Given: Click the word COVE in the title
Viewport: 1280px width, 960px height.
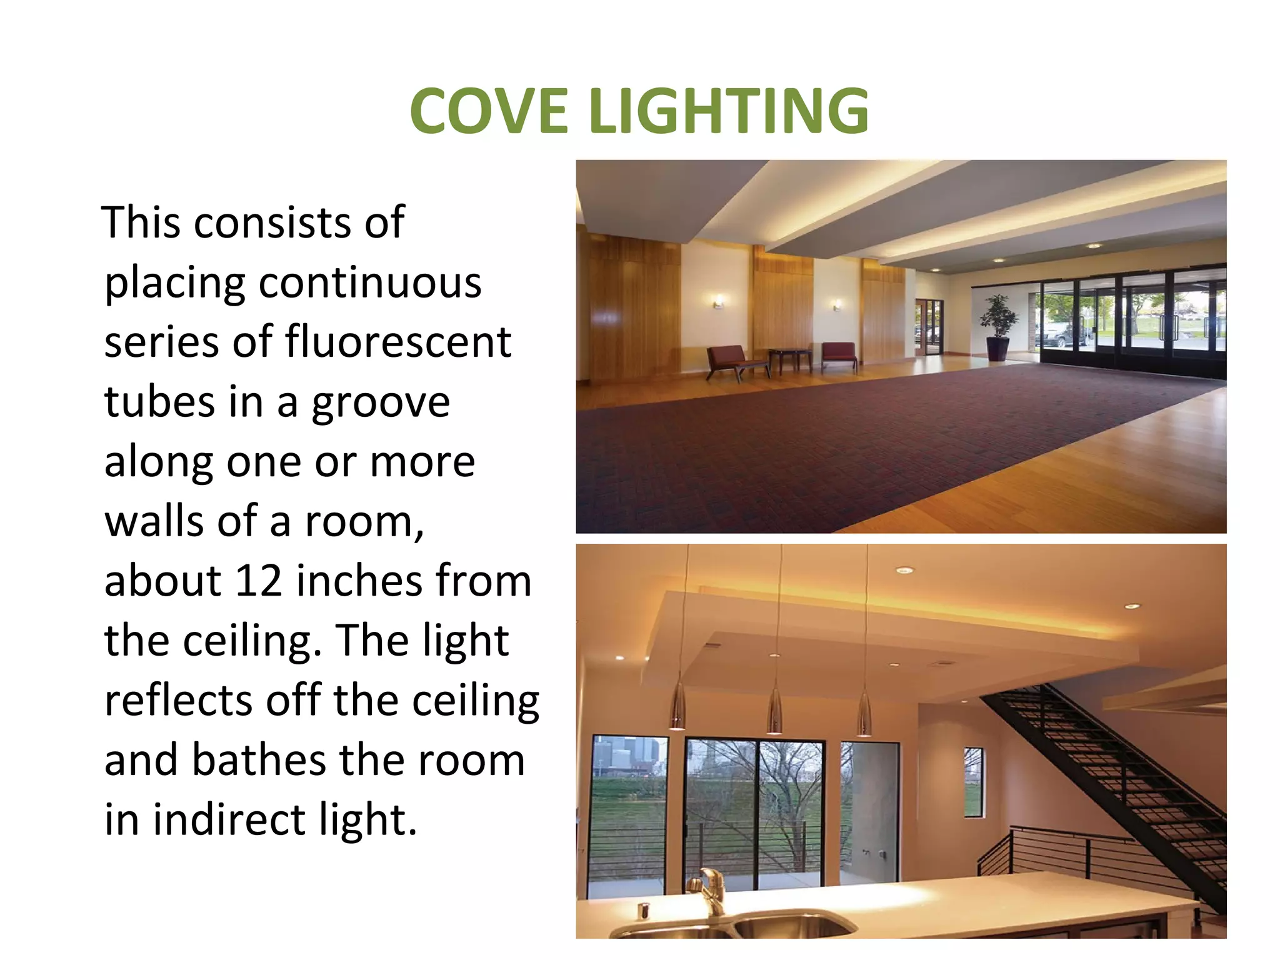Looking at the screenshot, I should (x=488, y=111).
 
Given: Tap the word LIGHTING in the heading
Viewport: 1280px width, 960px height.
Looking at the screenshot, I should (x=729, y=111).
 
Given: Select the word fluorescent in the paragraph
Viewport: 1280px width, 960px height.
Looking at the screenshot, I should (x=398, y=342).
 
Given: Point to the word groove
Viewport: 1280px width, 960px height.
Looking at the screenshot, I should (x=381, y=402).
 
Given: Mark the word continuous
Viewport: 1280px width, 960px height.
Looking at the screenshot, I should (x=370, y=282).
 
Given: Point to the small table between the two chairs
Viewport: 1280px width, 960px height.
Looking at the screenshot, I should (x=791, y=360).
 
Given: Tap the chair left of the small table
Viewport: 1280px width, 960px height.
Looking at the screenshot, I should (x=732, y=362).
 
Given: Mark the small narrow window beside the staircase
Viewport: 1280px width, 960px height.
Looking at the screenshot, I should (x=974, y=782).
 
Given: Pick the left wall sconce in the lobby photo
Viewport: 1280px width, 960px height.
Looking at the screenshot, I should (x=719, y=302).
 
